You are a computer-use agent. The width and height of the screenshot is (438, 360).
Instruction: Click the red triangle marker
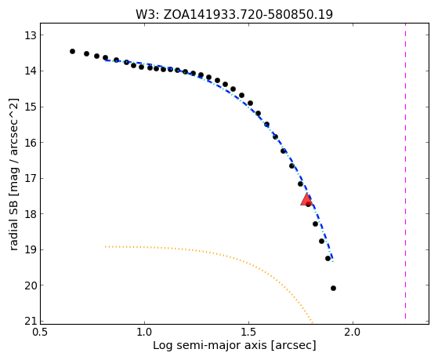coord(306,199)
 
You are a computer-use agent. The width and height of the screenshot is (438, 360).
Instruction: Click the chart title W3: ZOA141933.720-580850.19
coord(234,15)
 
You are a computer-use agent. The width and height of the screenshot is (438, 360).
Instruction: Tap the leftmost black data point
coord(72,51)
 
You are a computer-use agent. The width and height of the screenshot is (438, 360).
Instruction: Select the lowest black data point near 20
coord(333,288)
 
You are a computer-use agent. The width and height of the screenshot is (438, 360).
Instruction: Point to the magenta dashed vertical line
coord(405,173)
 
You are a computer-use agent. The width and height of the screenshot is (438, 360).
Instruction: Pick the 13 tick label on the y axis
coord(31,35)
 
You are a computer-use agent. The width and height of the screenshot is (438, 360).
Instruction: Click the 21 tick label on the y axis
coord(31,322)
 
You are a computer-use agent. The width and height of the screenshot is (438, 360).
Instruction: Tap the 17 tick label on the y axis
coord(31,178)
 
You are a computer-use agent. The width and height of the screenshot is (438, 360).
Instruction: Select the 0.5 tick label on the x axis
coord(40,332)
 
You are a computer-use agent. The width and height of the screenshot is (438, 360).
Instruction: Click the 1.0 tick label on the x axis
coord(144,332)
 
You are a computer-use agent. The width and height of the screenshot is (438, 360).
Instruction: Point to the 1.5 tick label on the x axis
coord(248,332)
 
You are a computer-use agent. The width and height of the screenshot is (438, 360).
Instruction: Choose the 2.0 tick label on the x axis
coord(353,332)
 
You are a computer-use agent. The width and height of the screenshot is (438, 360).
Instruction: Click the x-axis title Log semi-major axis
coord(210,346)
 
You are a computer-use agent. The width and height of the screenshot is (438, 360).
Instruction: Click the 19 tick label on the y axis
coord(31,249)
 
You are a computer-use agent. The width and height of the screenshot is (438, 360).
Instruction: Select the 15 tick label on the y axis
coord(31,107)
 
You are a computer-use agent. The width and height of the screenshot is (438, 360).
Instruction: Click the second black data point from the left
coord(87,53)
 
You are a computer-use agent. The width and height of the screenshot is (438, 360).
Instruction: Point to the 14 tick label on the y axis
coord(31,71)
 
